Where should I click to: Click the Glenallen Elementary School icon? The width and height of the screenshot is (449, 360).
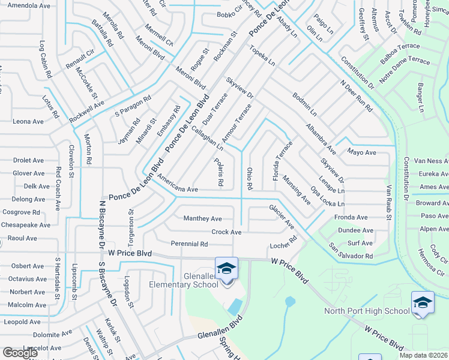pyautogui.click(x=226, y=268)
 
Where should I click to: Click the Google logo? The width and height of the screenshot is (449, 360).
pyautogui.click(x=20, y=353)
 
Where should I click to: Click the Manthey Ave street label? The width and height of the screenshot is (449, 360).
pyautogui.click(x=202, y=218)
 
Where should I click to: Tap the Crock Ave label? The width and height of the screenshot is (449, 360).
pyautogui.click(x=226, y=232)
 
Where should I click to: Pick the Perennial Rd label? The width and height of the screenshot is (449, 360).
pyautogui.click(x=189, y=244)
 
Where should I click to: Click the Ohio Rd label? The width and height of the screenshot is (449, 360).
pyautogui.click(x=249, y=178)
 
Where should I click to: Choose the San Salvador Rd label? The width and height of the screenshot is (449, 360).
pyautogui.click(x=351, y=251)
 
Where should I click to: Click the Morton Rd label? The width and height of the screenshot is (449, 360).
pyautogui.click(x=88, y=149)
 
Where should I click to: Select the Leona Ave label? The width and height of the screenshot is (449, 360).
pyautogui.click(x=28, y=121)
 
